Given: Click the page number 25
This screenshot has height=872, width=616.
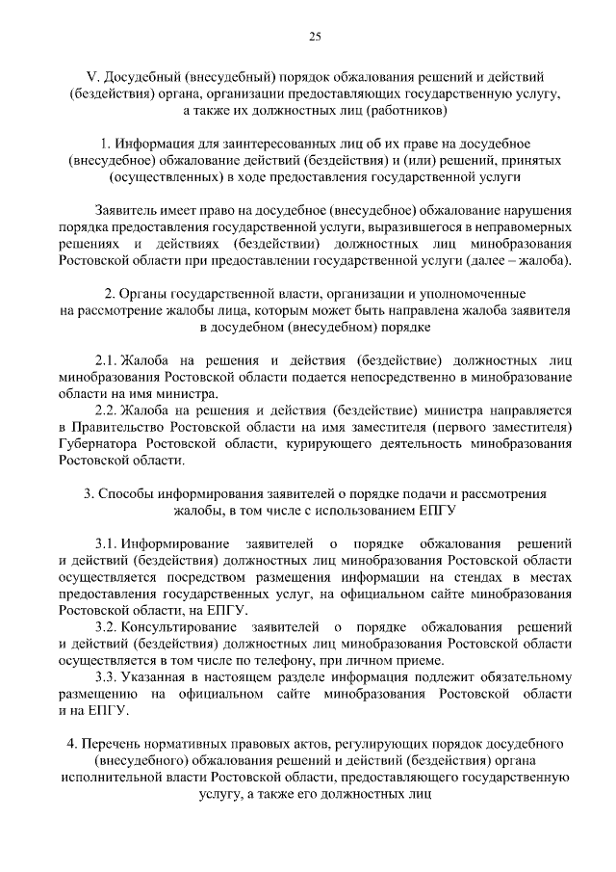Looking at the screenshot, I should coord(314,38).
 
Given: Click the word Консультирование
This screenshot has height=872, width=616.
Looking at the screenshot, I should coord(183,627).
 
